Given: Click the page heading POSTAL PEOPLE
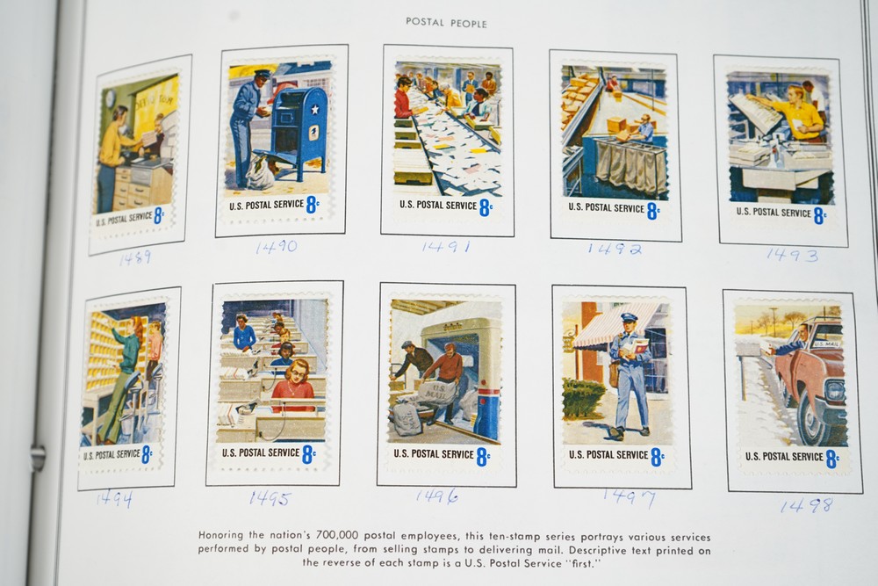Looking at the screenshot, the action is tap(446, 23).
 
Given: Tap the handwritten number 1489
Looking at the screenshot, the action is tap(135, 257).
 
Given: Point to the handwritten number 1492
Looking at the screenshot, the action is tap(615, 248).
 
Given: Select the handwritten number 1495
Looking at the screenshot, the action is tap(270, 498).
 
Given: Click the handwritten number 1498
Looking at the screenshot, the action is tap(806, 506).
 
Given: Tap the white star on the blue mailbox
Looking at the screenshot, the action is tap(314, 109).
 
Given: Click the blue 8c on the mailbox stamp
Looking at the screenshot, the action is tap(313, 205).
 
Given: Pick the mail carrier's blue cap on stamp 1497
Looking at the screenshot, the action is tap(629, 318).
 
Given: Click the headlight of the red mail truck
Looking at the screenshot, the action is tap(834, 390).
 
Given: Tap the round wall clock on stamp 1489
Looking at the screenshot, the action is tap(111, 98).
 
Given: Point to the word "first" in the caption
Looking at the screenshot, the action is tap(582, 563).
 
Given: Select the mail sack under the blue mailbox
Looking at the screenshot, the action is tap(262, 170).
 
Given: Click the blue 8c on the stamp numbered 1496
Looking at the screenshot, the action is tap(483, 457).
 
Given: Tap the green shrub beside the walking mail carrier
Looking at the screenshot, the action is tap(582, 398).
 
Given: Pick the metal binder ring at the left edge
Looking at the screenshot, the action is tap(37, 457).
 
